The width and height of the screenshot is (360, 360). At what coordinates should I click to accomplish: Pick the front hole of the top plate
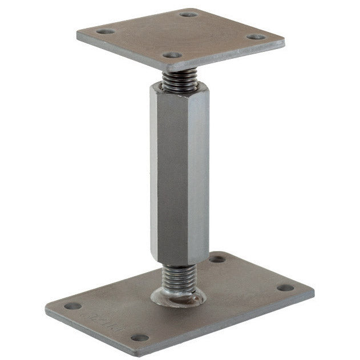pos(172,56)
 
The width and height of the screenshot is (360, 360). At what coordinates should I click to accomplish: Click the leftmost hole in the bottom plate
pos(72,306)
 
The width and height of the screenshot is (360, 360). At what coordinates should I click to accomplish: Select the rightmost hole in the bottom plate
pos(285,288)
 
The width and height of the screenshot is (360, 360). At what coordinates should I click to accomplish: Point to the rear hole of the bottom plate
pos(217,259)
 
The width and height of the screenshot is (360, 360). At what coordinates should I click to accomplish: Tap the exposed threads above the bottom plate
pos(177,280)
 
